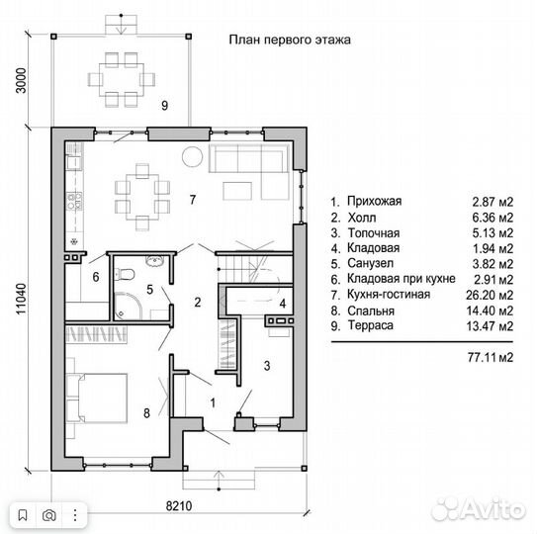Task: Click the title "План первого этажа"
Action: pos(290,40)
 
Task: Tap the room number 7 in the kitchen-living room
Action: pos(193,200)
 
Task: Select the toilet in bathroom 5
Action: pos(125,274)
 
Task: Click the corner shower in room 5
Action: pos(128,306)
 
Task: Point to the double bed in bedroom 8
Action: pos(97,398)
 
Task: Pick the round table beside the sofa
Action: pos(192,157)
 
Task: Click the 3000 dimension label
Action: pos(21,80)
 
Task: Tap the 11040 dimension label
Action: pos(21,299)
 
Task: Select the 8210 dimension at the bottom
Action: pos(179,505)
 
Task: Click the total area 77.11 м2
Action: pos(491,358)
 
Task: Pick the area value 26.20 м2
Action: pos(490,295)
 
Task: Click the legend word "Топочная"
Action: pos(374,233)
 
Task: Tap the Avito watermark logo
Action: pos(479,509)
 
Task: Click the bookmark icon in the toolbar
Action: pos(23,515)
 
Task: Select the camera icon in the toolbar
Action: pos(49,515)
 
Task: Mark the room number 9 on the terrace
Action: pos(165,106)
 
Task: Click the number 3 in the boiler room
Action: pos(267,366)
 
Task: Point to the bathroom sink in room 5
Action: pos(156,261)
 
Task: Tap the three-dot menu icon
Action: pos(75,515)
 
